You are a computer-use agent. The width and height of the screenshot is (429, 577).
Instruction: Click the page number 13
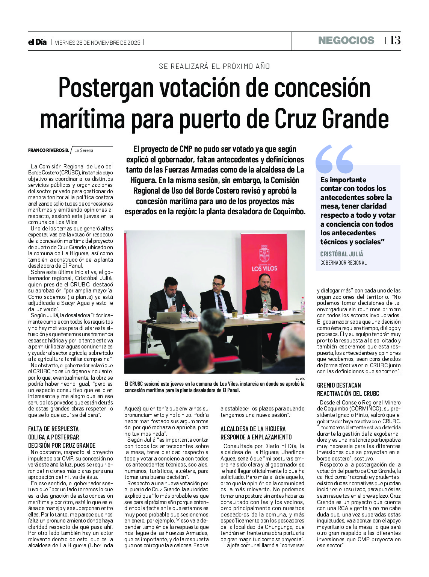[395, 41]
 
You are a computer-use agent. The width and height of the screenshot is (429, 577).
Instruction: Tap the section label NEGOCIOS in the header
[346, 41]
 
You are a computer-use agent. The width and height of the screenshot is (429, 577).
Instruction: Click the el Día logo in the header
[37, 42]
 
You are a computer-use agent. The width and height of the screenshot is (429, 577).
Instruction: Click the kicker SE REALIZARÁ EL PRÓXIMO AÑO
[214, 66]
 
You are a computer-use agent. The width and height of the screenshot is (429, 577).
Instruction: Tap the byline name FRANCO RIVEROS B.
[48, 150]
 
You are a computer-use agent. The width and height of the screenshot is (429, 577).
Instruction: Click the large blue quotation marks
[334, 159]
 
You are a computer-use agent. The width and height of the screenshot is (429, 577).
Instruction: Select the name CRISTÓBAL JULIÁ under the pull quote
[341, 254]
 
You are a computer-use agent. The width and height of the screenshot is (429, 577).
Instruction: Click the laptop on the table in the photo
[168, 317]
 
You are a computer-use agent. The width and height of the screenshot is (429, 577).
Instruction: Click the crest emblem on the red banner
[264, 254]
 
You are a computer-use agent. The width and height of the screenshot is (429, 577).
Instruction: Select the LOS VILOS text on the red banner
[264, 268]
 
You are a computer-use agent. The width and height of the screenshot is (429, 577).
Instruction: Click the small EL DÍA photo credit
[299, 378]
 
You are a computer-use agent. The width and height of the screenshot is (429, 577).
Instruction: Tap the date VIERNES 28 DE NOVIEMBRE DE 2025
[97, 43]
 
